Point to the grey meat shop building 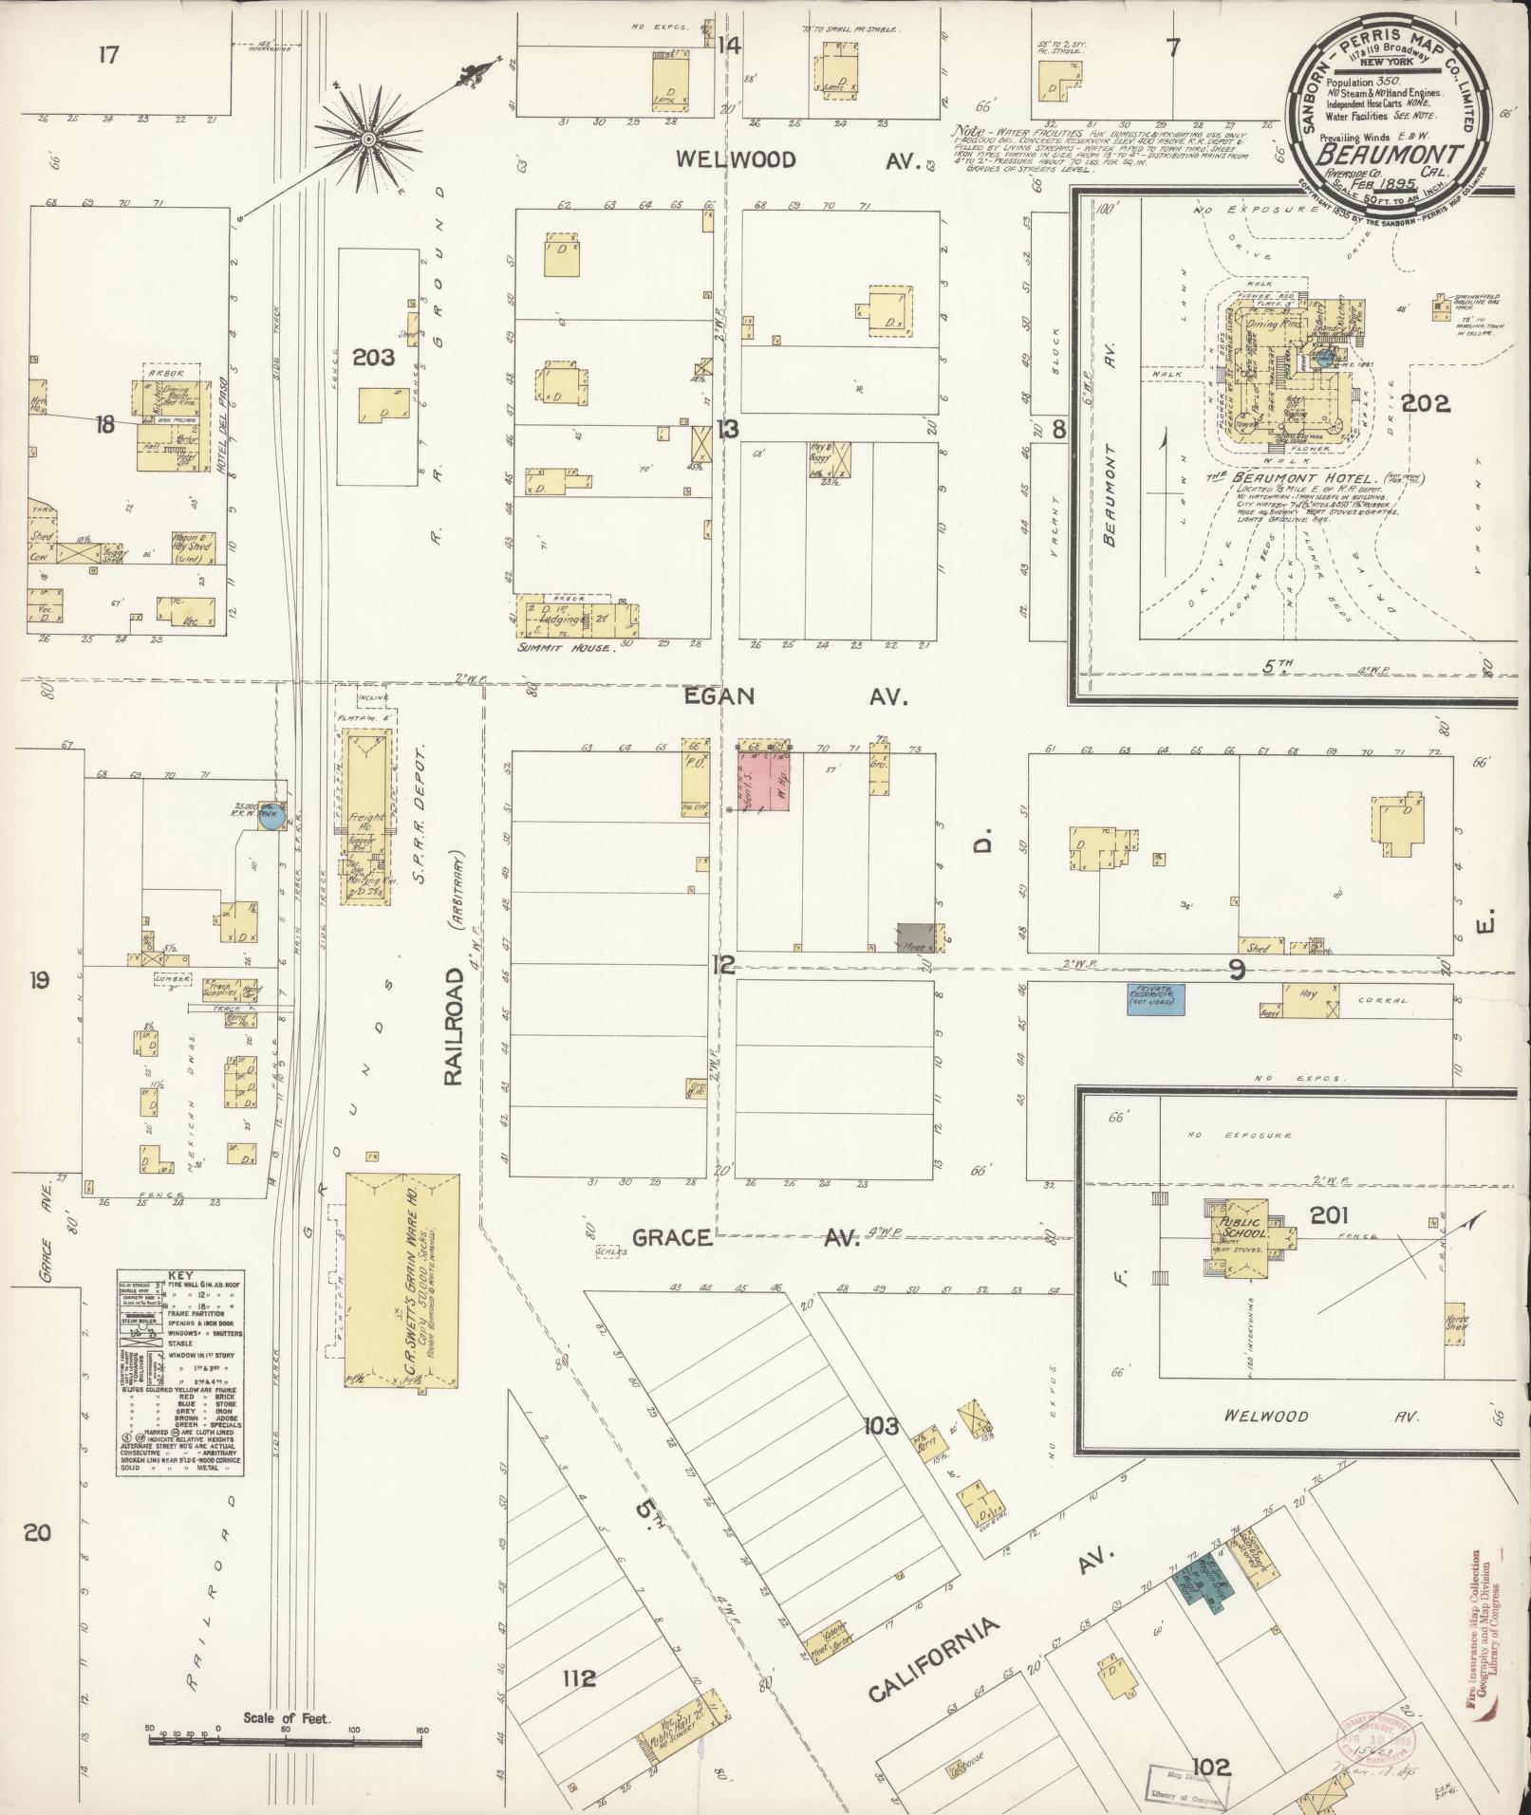tap(915, 937)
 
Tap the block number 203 tap(372, 357)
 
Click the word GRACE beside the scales tap(672, 1237)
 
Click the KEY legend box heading tap(177, 1277)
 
